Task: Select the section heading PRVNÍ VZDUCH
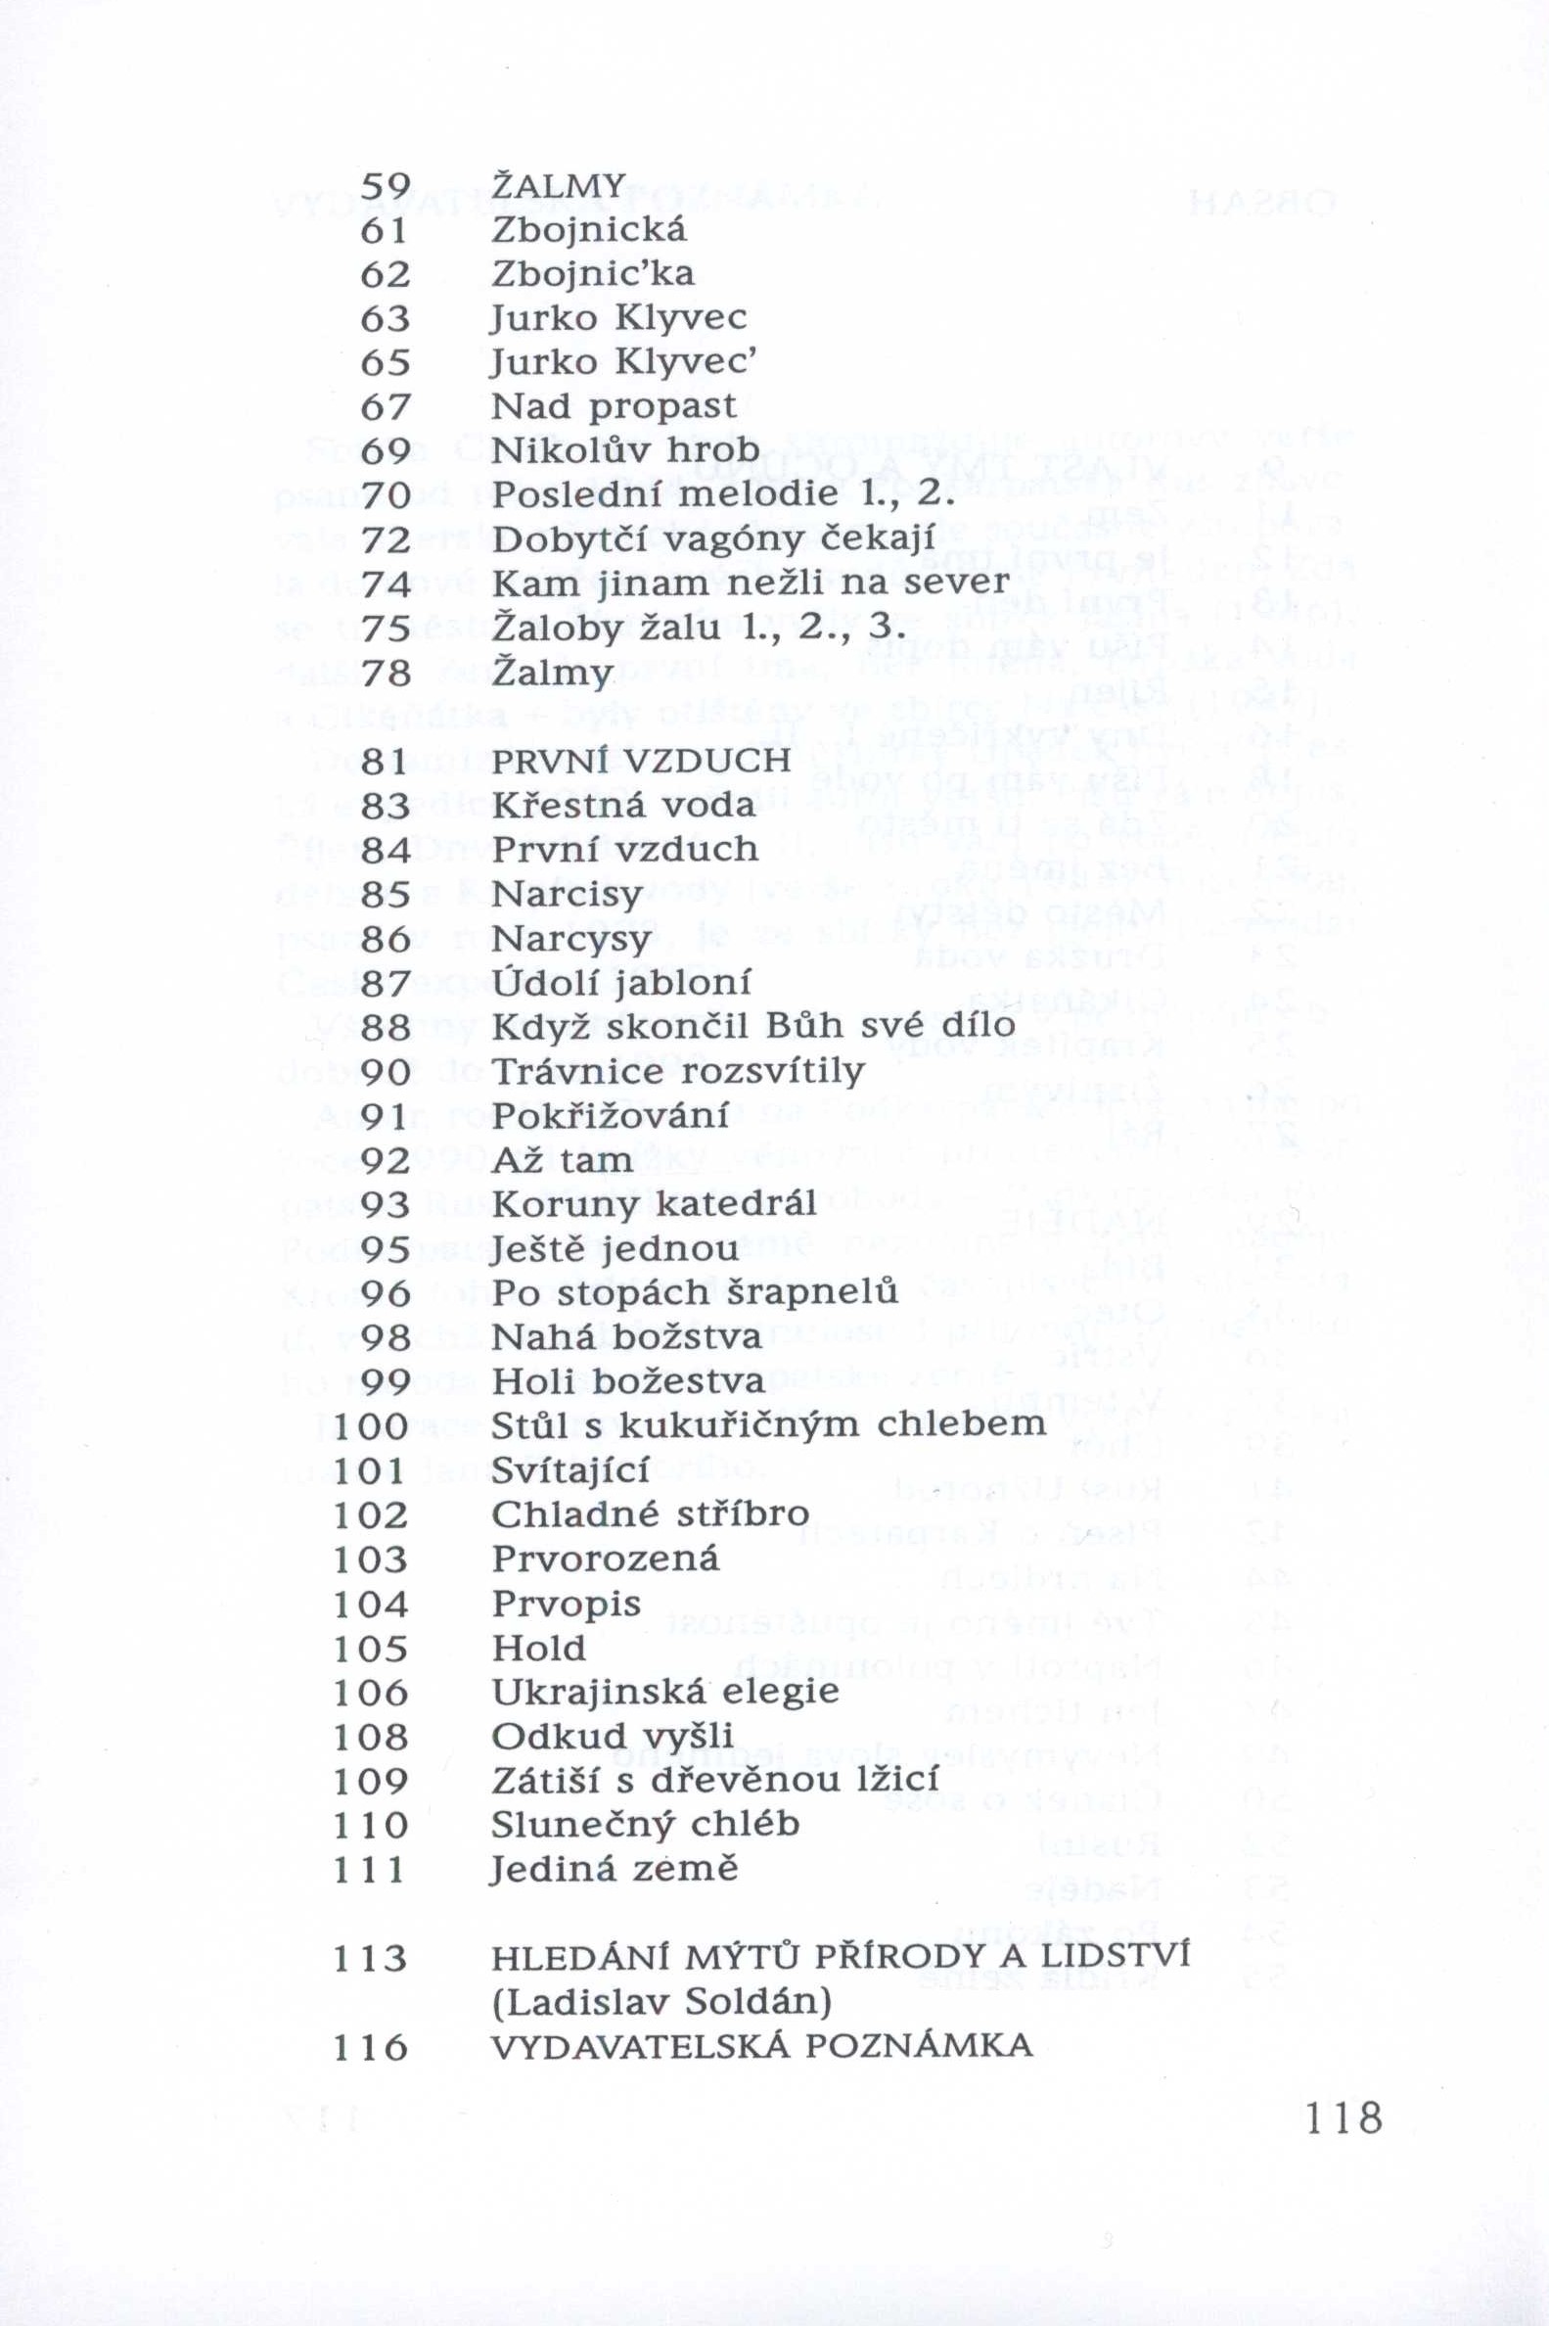pyautogui.click(x=641, y=761)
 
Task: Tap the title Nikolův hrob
pyautogui.click(x=626, y=451)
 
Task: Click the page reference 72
pyautogui.click(x=386, y=540)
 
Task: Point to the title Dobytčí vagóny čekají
pyautogui.click(x=712, y=540)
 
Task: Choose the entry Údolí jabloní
pyautogui.click(x=621, y=983)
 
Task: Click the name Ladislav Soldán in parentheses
pyautogui.click(x=661, y=1976)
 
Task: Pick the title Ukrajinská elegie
pyautogui.click(x=664, y=1693)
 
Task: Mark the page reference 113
pyautogui.click(x=372, y=1931)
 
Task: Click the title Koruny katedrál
pyautogui.click(x=654, y=1204)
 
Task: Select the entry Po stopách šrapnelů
pyautogui.click(x=695, y=1293)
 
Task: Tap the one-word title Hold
pyautogui.click(x=539, y=1649)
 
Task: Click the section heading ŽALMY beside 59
pyautogui.click(x=558, y=185)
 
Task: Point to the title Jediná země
pyautogui.click(x=614, y=1871)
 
